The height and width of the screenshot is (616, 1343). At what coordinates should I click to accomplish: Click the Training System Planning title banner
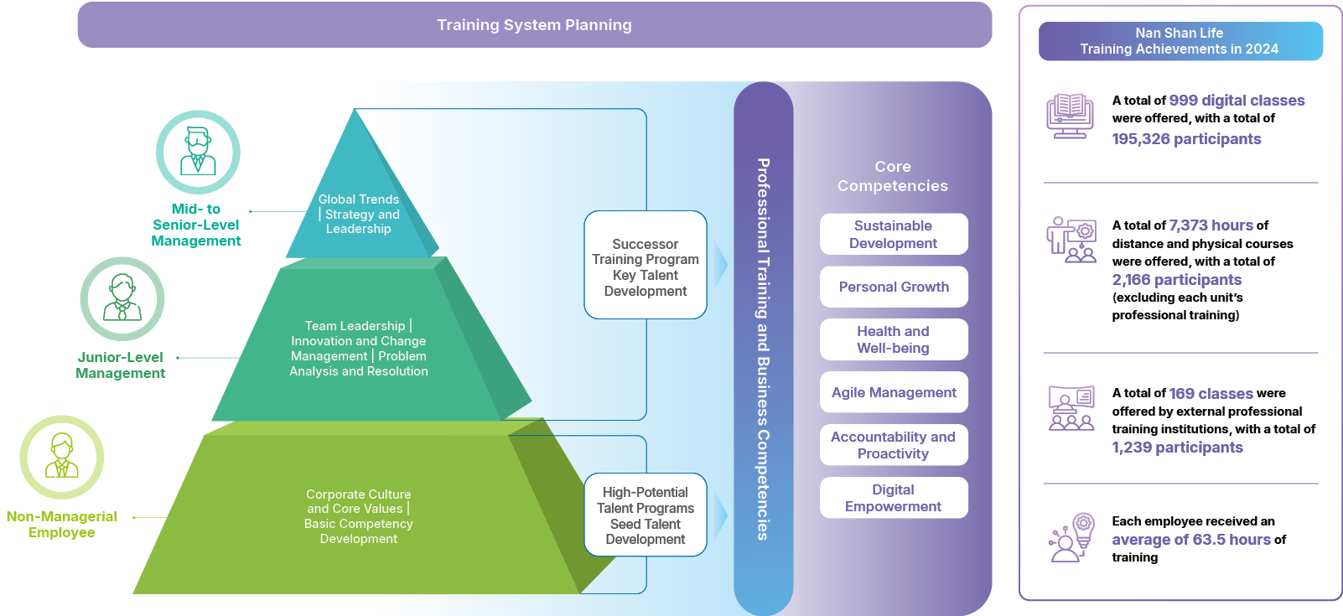534,25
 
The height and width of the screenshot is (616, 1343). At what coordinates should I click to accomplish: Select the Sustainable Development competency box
894,235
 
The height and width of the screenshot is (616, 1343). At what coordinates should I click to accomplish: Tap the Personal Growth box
894,287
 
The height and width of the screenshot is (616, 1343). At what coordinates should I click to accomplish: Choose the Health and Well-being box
894,339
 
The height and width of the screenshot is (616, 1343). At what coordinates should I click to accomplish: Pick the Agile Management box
894,392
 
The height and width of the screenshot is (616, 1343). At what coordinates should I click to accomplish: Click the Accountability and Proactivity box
894,445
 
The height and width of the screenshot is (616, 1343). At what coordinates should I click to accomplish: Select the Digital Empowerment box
894,498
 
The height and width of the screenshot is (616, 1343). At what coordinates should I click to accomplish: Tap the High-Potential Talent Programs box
646,515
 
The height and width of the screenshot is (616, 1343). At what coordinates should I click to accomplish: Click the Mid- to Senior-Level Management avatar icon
198,152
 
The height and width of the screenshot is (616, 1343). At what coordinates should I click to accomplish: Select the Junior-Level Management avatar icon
122,299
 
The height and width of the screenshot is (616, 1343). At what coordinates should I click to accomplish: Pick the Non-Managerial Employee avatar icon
62,458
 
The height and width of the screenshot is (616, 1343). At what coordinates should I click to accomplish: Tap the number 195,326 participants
1186,139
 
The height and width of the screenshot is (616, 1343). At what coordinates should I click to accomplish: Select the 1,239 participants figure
1177,448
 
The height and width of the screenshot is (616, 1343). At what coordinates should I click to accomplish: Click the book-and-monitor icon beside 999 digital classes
1070,116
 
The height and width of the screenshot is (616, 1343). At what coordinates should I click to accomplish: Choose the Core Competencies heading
893,176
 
